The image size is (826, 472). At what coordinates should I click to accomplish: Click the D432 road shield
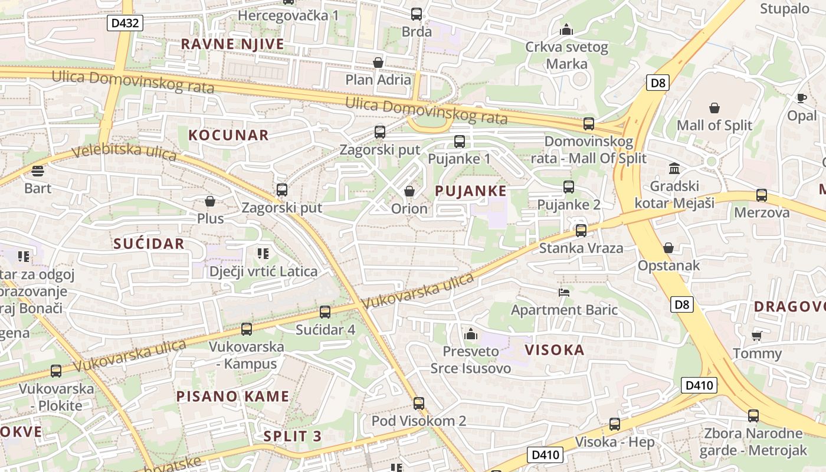coord(125,23)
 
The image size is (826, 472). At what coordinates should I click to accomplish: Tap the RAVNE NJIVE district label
coord(232,44)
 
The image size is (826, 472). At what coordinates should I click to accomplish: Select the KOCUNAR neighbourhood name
coord(228,135)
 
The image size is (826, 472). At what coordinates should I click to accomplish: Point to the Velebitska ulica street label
coord(124,150)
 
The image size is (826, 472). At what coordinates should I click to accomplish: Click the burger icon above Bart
coord(38,171)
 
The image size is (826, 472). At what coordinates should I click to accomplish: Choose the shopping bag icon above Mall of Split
coord(714,108)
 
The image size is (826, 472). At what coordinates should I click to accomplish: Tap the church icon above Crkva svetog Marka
coord(566,29)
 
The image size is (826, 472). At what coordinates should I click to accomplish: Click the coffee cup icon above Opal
coord(801,98)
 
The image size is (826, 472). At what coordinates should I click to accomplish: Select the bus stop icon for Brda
coord(417,14)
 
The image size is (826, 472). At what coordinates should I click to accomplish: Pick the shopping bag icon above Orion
coord(409,191)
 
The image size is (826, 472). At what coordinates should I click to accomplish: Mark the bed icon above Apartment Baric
coord(564,292)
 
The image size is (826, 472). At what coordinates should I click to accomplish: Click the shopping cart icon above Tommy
coord(757,336)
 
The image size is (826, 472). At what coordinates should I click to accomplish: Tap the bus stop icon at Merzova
coord(762,195)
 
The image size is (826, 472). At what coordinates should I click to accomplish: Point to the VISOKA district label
coord(555,350)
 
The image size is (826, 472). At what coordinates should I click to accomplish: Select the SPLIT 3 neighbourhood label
coord(293,436)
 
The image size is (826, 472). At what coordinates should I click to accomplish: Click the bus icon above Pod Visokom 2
coord(419,404)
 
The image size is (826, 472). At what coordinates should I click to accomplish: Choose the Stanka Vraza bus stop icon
coord(581,231)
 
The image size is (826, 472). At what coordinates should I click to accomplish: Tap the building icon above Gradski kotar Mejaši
coord(674,169)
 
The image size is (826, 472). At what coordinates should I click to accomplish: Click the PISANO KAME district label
coord(233,396)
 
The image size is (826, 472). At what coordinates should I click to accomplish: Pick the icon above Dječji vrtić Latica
coord(263,254)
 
